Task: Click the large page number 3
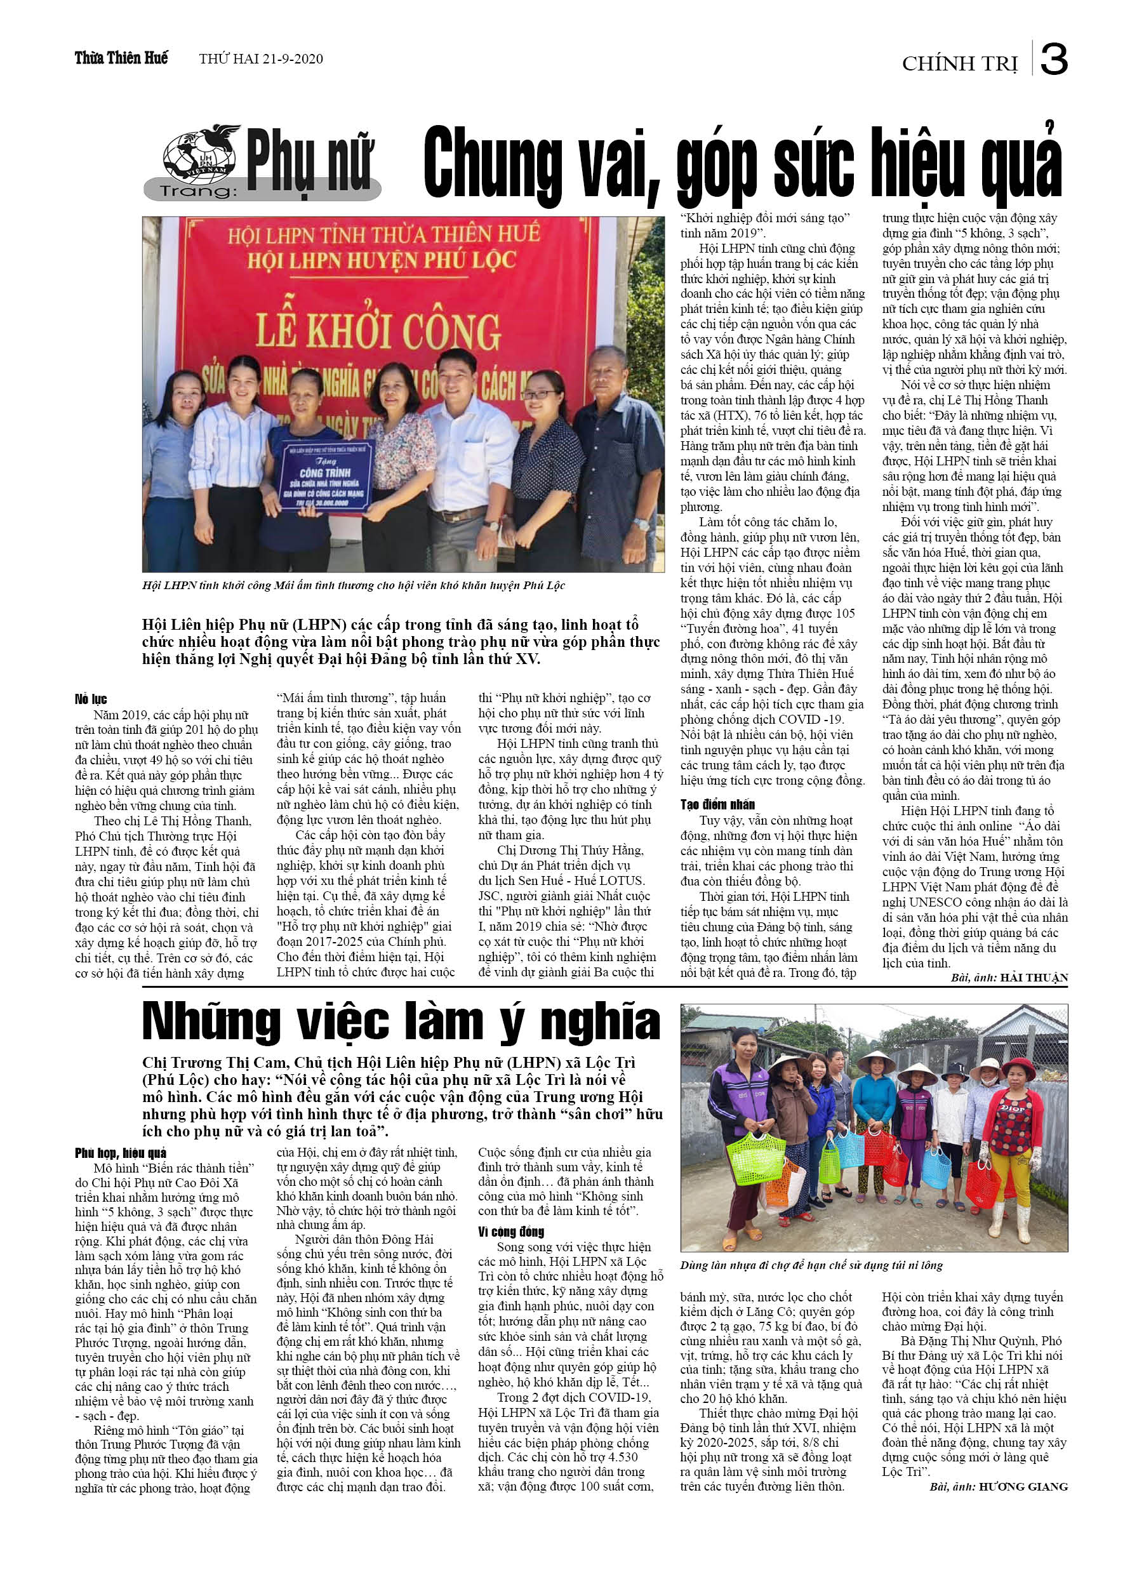[x=1054, y=60]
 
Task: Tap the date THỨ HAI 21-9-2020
[x=260, y=59]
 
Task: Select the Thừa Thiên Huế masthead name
[x=121, y=58]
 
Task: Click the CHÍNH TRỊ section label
[x=959, y=64]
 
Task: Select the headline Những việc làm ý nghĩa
[x=401, y=1022]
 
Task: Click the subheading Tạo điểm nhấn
[x=717, y=805]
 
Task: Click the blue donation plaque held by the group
[x=326, y=475]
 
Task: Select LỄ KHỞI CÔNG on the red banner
[x=378, y=331]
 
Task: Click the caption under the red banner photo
[x=354, y=585]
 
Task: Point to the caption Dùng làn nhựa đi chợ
[x=811, y=1265]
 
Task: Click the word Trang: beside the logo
[x=198, y=191]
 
